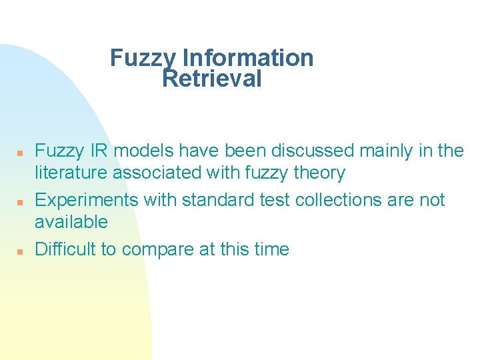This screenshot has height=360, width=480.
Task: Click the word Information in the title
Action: pos(248,58)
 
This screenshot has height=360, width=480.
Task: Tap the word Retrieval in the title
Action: pos(212,79)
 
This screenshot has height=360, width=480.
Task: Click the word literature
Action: pos(71,173)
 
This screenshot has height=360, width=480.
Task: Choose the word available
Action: pos(71,222)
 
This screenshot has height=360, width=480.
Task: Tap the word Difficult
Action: pos(65,249)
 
